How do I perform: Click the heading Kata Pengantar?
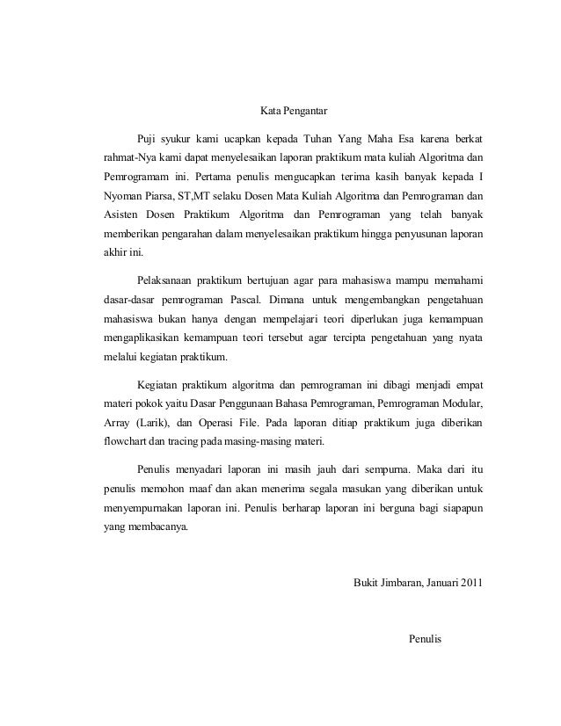coord(294,112)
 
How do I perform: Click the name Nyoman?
coord(119,195)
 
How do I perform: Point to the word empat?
coord(467,385)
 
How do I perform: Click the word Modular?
coord(463,403)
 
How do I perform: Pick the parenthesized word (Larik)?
coord(149,423)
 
